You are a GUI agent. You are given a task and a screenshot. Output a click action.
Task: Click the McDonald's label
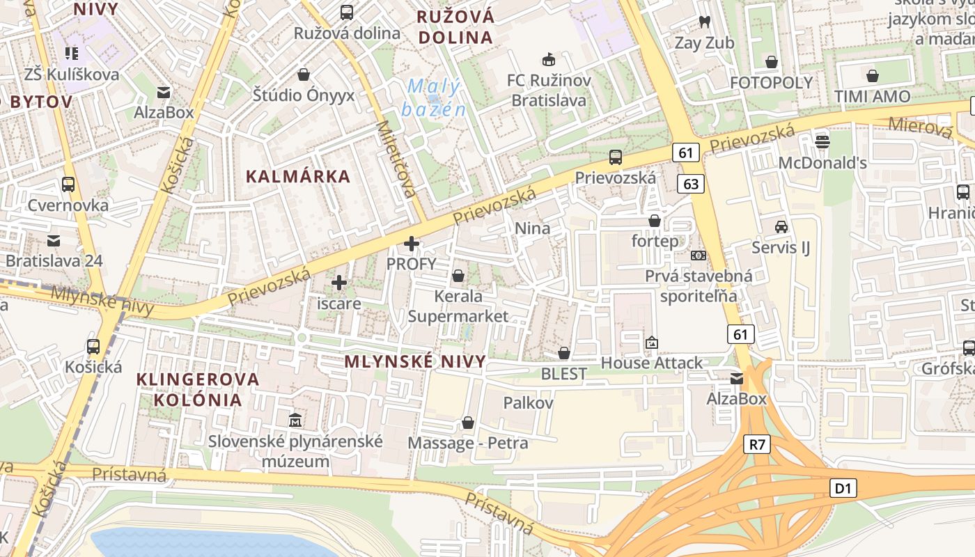(822, 163)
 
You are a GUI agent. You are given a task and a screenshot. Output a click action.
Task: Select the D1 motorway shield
(843, 488)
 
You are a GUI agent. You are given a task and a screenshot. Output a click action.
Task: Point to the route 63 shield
(691, 184)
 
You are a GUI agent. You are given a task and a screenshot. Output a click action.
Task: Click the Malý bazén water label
(433, 97)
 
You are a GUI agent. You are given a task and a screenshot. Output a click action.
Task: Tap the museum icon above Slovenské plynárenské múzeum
(295, 420)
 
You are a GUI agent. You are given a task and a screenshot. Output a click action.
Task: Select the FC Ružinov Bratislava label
(549, 91)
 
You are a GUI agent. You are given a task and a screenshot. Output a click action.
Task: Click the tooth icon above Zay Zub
(704, 22)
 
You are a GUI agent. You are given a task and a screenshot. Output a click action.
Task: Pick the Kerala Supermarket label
(458, 306)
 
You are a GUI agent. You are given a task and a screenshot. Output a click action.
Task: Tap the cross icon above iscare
(339, 283)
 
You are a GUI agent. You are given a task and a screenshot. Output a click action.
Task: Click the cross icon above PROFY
(412, 244)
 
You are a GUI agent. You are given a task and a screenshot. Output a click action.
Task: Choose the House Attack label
(652, 363)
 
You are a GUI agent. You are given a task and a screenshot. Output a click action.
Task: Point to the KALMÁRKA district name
(298, 177)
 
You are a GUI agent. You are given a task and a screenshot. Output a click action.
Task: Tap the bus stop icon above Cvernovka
(68, 185)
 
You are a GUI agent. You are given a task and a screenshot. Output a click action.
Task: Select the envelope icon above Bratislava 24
(54, 241)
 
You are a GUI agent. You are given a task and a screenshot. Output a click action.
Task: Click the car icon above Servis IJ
(781, 227)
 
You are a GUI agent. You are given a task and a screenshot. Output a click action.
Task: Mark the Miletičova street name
(394, 159)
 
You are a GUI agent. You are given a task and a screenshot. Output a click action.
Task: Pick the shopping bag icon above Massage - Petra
(468, 423)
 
